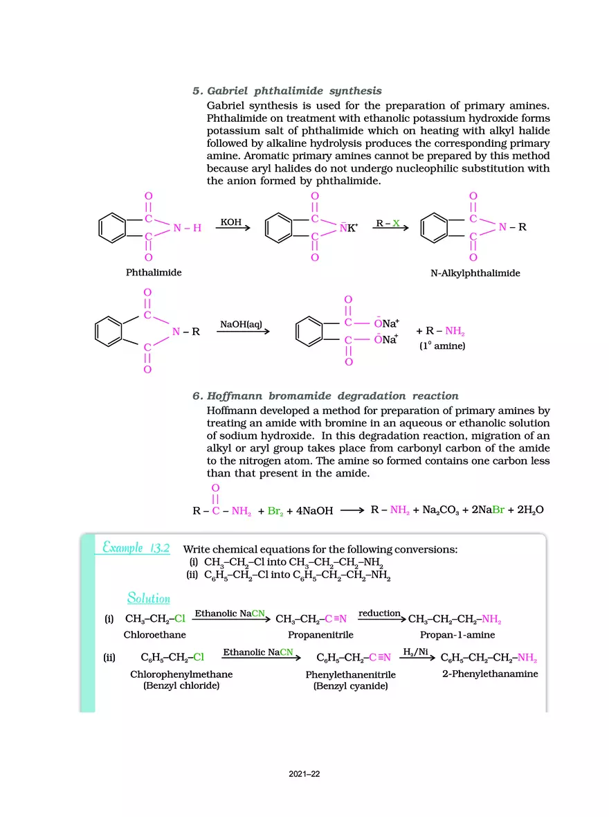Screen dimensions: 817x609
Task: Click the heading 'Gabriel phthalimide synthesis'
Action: click(x=294, y=91)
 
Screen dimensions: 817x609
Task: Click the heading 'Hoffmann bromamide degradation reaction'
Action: click(x=332, y=396)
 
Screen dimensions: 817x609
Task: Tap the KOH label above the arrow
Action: click(x=231, y=222)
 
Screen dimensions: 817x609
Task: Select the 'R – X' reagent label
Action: click(x=388, y=223)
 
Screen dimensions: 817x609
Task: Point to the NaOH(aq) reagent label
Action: click(x=241, y=325)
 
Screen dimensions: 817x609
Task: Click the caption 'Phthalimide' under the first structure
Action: click(x=154, y=273)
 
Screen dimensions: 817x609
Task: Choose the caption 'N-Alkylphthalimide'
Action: click(x=475, y=273)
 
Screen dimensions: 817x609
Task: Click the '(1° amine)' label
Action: click(x=442, y=345)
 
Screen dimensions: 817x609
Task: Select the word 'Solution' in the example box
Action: click(x=148, y=598)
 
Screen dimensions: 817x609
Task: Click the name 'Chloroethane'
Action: click(x=154, y=634)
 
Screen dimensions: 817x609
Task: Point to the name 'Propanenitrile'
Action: click(x=320, y=635)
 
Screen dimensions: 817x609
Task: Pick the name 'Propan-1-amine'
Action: click(x=457, y=635)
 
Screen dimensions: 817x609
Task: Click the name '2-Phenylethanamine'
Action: click(x=490, y=674)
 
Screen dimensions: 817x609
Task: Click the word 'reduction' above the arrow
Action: click(x=379, y=613)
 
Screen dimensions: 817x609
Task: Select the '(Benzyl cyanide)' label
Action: click(x=350, y=686)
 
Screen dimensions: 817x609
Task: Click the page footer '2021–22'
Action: click(x=304, y=774)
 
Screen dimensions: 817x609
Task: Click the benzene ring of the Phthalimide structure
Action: click(x=112, y=228)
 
